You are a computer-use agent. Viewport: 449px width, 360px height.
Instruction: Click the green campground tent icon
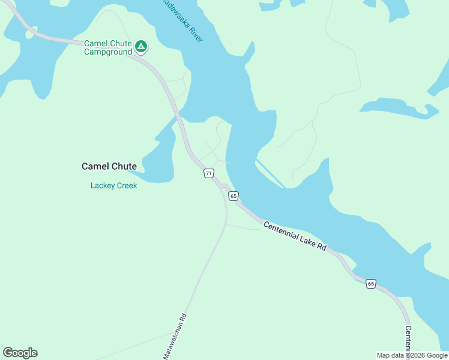click(140, 46)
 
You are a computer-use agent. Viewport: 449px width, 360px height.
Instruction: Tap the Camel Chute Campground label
click(108, 48)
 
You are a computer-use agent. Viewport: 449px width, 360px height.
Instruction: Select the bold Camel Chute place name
click(109, 166)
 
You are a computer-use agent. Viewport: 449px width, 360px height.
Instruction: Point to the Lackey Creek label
click(114, 185)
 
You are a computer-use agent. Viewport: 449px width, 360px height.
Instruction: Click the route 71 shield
click(208, 173)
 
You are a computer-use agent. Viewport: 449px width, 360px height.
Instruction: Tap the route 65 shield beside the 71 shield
click(234, 196)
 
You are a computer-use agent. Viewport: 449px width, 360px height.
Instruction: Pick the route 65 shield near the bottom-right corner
click(371, 283)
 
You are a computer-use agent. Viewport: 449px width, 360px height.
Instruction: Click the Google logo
click(20, 353)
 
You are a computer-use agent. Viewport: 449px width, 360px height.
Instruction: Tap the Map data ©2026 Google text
click(412, 355)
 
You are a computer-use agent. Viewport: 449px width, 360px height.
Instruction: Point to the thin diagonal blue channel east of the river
click(270, 173)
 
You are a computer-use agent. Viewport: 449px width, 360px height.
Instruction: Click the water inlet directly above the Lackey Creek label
click(153, 162)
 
